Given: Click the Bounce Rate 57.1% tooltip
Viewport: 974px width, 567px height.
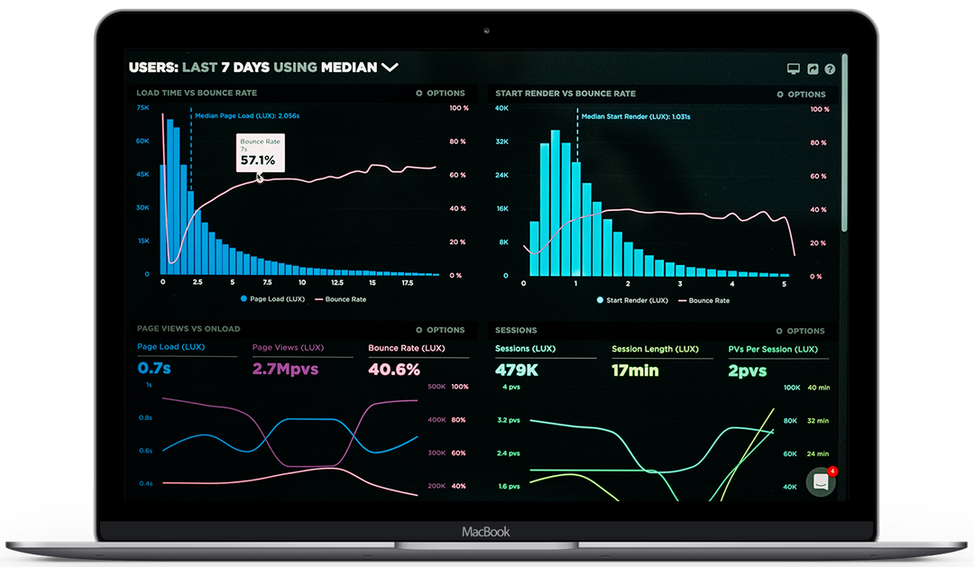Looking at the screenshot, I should coord(260,153).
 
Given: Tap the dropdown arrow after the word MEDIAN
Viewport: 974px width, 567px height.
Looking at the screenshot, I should coord(390,67).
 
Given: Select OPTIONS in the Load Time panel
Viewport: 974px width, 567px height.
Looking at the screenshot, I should coord(440,93).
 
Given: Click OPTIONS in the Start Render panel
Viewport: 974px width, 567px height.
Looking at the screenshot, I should coord(801,94).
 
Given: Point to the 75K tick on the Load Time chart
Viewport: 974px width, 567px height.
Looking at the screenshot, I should coord(142,107).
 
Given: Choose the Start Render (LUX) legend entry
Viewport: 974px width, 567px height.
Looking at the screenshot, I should coord(636,299).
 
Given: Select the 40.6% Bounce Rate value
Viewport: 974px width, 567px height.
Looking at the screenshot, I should coord(394,369).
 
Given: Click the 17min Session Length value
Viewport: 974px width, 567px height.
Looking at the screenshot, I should coord(635,370).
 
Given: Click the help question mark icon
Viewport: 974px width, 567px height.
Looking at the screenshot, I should coord(830,69).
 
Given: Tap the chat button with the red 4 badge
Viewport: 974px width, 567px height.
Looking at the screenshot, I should coord(822,481).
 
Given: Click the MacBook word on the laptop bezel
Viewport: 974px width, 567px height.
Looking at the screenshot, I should coord(486,532).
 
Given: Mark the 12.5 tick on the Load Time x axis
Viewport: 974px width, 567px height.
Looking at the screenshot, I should coord(337,282).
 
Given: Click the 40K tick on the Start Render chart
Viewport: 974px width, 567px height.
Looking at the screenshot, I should coord(502,108).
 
